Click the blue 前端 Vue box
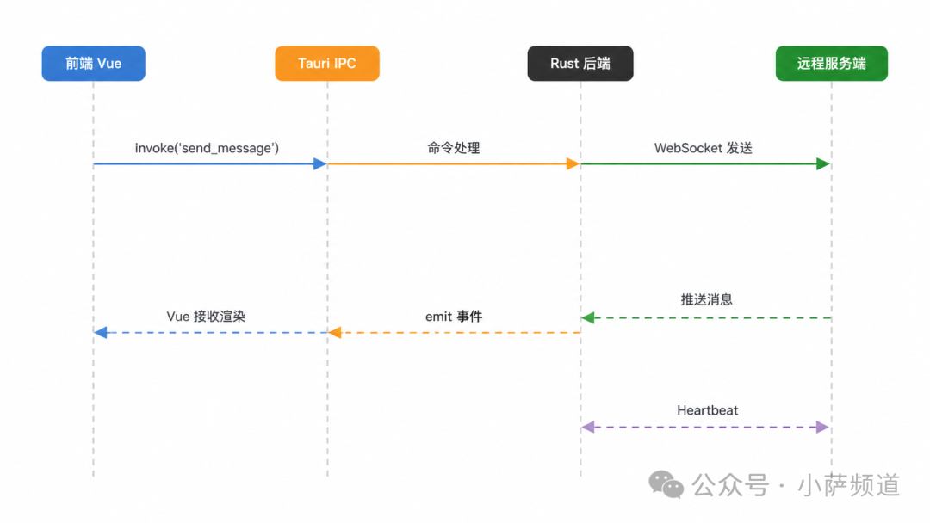(93, 64)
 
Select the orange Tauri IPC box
(327, 64)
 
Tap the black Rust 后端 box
(580, 64)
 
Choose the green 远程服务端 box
(832, 64)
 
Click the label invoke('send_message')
(207, 148)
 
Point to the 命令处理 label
(454, 148)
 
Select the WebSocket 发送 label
(704, 148)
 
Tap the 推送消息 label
(706, 299)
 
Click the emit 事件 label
(454, 317)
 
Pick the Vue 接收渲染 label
(206, 317)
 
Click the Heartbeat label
(708, 410)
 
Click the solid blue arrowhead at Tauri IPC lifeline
(320, 164)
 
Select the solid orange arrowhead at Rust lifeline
(573, 164)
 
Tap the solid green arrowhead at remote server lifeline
(823, 164)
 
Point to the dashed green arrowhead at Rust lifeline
(588, 318)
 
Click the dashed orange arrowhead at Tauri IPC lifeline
(334, 333)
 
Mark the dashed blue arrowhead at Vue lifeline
(100, 333)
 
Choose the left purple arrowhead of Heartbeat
(588, 427)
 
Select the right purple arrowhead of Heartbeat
(822, 427)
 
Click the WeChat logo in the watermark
(666, 484)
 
